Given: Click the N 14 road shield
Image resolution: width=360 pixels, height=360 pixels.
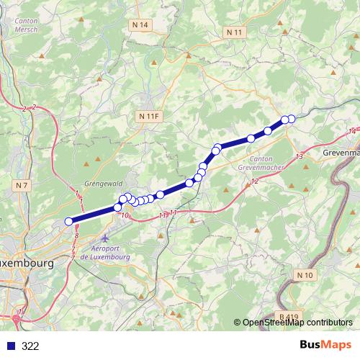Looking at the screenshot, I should [x=140, y=25].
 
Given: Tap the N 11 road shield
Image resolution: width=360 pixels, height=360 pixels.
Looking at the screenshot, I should [x=235, y=32].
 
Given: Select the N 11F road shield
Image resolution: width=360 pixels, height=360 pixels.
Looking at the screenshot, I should [x=149, y=116].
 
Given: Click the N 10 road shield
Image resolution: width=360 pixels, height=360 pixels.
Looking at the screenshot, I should [x=305, y=274].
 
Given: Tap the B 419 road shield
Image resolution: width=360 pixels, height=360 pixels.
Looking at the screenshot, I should [x=289, y=316].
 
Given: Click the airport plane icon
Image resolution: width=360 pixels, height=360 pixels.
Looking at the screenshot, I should [x=107, y=238].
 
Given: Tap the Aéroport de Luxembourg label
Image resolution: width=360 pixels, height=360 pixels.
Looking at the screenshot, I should [x=104, y=253].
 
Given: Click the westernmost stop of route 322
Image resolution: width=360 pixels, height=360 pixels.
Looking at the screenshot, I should [x=69, y=222].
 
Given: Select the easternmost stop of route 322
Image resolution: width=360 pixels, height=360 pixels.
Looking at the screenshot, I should [x=292, y=119].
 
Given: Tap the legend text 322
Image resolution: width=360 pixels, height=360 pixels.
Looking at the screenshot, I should [x=31, y=346].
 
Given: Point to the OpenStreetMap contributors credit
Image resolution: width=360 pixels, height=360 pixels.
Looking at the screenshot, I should [x=297, y=323].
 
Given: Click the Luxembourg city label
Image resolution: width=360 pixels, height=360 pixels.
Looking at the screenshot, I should [x=26, y=264].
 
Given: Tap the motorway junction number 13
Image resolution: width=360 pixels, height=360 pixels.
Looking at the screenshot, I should [x=299, y=156].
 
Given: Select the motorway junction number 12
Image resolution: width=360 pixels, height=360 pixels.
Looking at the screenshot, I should [x=255, y=181].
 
